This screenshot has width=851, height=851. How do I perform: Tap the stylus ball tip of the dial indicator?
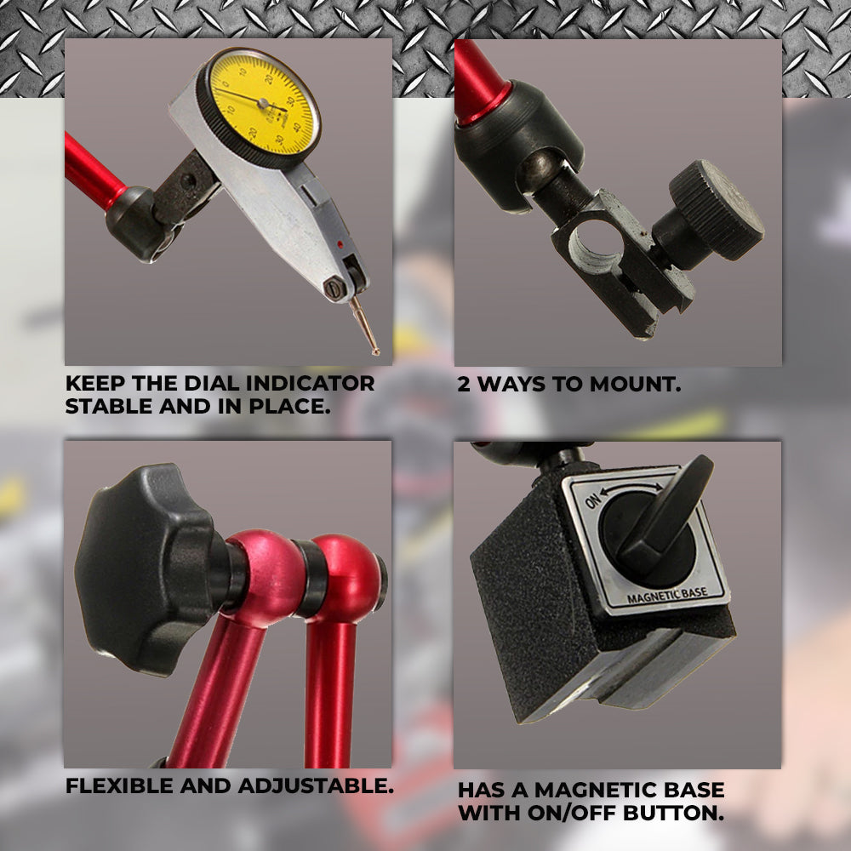tap(375, 352)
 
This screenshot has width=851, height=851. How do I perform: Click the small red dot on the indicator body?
tap(340, 245)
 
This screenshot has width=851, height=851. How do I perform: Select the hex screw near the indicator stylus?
tap(334, 288)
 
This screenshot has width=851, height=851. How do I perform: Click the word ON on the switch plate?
tap(591, 501)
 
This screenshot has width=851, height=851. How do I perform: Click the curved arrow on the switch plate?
tap(631, 488)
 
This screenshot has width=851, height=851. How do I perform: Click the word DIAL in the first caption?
tap(212, 383)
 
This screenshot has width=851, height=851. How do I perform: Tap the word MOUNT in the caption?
tap(635, 385)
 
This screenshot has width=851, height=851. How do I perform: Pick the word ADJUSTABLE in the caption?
tap(316, 785)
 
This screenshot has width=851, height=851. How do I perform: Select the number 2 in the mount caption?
tap(464, 385)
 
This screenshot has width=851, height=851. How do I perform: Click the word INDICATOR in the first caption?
tap(310, 383)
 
